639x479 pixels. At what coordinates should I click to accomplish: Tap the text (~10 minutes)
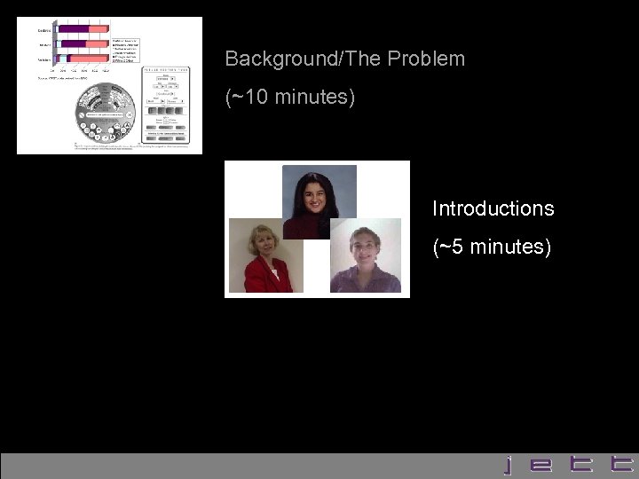pyautogui.click(x=290, y=97)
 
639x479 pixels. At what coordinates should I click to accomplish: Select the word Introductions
pyautogui.click(x=493, y=209)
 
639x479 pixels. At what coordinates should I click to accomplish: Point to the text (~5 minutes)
pyautogui.click(x=492, y=247)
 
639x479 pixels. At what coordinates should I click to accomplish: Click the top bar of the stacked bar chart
pyautogui.click(x=82, y=28)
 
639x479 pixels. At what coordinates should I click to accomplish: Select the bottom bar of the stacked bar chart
pyautogui.click(x=82, y=57)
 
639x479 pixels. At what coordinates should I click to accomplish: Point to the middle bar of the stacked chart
pyautogui.click(x=82, y=43)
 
